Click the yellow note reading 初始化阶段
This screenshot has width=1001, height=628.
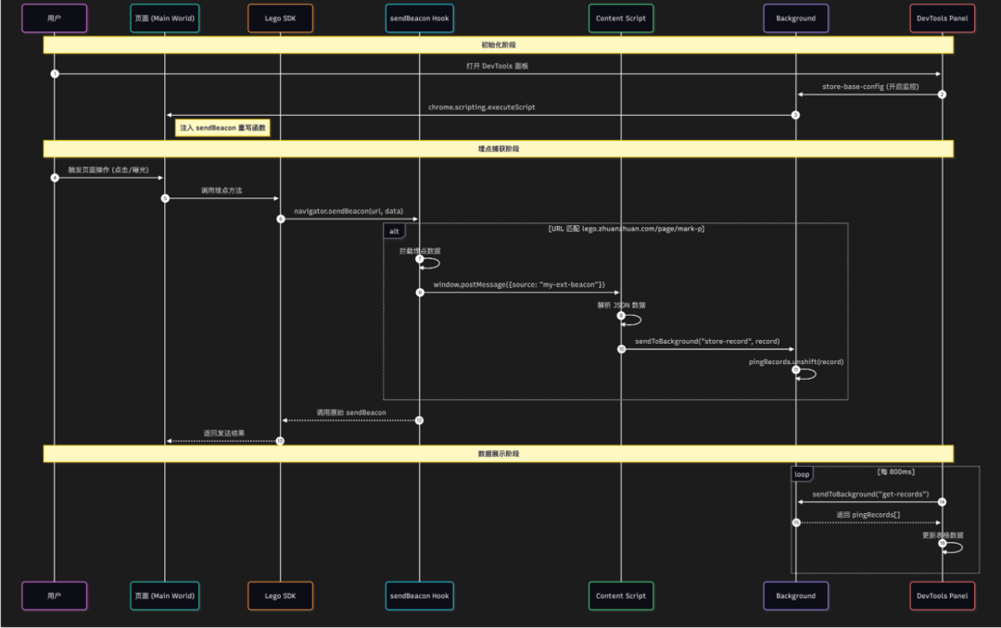pyautogui.click(x=498, y=44)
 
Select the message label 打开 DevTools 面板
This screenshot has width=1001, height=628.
pyautogui.click(x=498, y=67)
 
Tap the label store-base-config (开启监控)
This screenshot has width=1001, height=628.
pyautogui.click(x=869, y=87)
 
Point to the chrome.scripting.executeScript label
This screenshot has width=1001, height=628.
pyautogui.click(x=481, y=107)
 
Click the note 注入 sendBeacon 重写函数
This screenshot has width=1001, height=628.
pyautogui.click(x=222, y=128)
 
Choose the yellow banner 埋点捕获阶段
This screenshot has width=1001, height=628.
pyautogui.click(x=498, y=149)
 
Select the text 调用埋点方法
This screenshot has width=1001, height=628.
pyautogui.click(x=222, y=191)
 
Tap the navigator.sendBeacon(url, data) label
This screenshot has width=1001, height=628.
pyautogui.click(x=348, y=212)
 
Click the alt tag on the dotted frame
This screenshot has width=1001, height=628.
pyautogui.click(x=394, y=231)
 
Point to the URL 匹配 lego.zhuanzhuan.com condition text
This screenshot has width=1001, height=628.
pyautogui.click(x=626, y=229)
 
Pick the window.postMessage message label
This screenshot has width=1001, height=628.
pyautogui.click(x=519, y=284)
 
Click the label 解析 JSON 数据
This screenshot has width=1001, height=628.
pyautogui.click(x=621, y=305)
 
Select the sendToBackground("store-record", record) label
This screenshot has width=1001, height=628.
pyautogui.click(x=707, y=342)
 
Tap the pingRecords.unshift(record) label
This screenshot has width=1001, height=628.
pyautogui.click(x=796, y=362)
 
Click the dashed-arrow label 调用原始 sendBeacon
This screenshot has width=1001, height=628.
pyautogui.click(x=350, y=412)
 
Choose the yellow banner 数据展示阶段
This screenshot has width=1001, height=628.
pyautogui.click(x=498, y=454)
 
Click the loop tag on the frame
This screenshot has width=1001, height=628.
pyautogui.click(x=802, y=474)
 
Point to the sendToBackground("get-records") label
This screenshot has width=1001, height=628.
pyautogui.click(x=870, y=494)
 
